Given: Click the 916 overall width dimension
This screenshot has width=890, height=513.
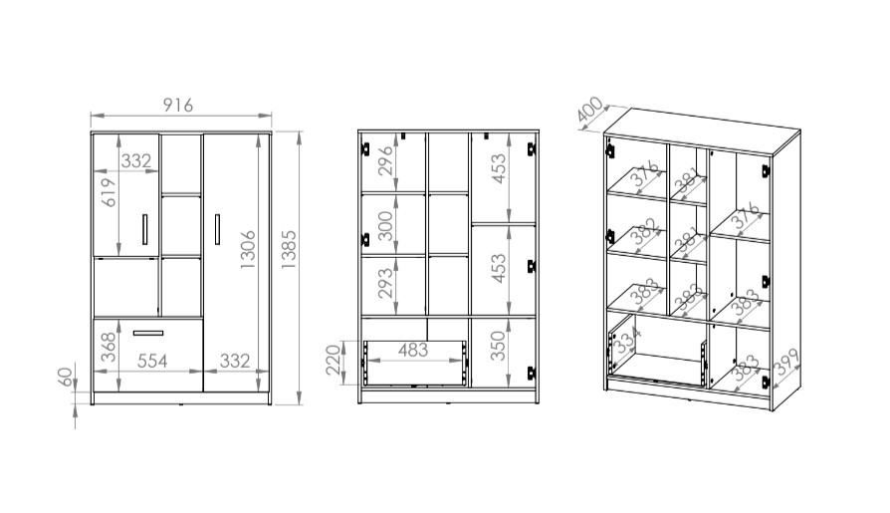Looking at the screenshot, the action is click(178, 106).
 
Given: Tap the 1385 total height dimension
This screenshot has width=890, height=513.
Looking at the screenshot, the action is click(289, 249).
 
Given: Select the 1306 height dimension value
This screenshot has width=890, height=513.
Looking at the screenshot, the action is click(248, 249).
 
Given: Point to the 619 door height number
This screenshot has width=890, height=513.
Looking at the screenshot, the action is click(108, 192).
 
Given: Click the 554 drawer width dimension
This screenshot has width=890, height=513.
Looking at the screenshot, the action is click(152, 361).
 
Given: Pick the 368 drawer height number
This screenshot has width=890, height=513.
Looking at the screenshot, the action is click(108, 347).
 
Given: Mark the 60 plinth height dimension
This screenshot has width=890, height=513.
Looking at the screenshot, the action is click(67, 378).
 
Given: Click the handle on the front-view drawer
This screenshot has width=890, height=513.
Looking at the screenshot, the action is click(148, 333).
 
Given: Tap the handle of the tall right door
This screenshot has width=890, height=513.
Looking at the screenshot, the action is click(217, 229).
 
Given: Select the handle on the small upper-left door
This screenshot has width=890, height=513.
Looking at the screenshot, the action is click(144, 229).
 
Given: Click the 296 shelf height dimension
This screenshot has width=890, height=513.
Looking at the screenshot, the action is click(385, 160).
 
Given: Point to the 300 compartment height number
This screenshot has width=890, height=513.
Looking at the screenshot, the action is click(385, 225).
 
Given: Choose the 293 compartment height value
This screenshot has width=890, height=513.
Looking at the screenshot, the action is click(385, 282).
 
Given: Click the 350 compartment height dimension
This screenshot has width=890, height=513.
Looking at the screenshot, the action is click(498, 346).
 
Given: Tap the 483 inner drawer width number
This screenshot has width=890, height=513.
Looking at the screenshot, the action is click(413, 350).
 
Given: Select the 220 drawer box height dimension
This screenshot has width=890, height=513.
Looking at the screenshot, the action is click(334, 361).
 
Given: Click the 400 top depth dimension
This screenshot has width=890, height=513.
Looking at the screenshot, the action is click(589, 110).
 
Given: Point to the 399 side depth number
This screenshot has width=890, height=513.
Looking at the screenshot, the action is click(786, 363).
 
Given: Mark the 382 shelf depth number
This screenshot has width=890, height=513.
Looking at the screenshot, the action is click(647, 232).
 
